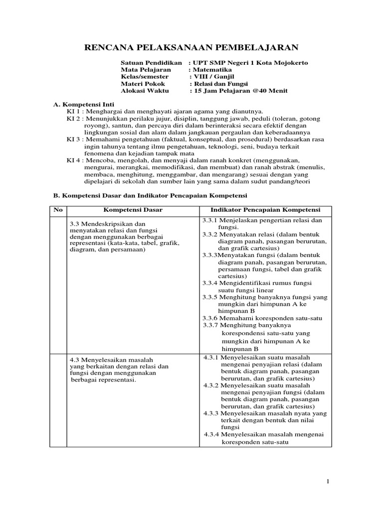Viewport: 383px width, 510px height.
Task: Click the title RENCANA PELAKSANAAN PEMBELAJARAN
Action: point(191,47)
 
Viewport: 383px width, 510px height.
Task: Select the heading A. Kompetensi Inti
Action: point(78,105)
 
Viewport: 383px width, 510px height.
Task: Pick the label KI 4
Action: point(74,161)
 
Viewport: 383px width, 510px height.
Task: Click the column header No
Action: point(58,210)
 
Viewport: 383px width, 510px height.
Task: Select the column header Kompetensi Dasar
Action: point(133,210)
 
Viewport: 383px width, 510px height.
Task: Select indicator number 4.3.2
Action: point(212,385)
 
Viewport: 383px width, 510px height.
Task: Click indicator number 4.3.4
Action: point(213,434)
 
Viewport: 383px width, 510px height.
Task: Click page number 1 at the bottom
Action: point(328,481)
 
